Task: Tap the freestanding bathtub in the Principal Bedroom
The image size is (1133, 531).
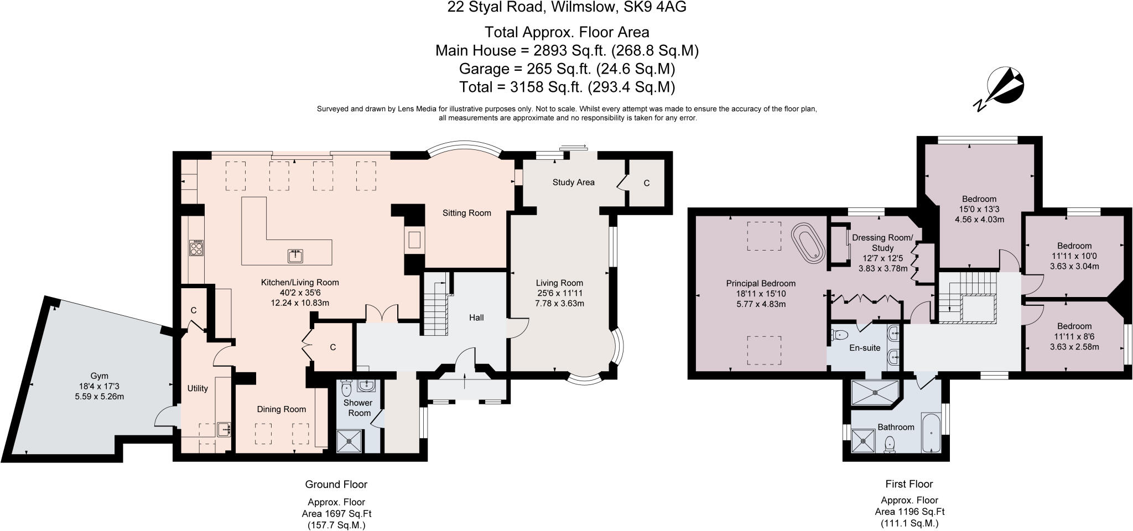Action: coord(809,241)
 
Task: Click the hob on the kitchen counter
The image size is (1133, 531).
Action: coord(196,248)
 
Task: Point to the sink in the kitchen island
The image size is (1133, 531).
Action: coord(296,256)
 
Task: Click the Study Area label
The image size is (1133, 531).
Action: coord(573,182)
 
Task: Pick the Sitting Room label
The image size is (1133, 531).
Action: coord(466,213)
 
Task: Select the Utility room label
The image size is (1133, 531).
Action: coord(198,388)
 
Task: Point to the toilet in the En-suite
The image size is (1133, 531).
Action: coord(840,334)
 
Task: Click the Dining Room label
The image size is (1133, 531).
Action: coord(282,409)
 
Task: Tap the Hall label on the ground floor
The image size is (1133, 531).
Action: coord(476,317)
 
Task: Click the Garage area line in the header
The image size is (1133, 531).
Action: coord(567,69)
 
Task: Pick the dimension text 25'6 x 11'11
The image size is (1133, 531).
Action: coord(559,293)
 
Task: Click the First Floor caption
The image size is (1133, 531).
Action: coord(909,484)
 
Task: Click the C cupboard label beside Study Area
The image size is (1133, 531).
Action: coord(646,183)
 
